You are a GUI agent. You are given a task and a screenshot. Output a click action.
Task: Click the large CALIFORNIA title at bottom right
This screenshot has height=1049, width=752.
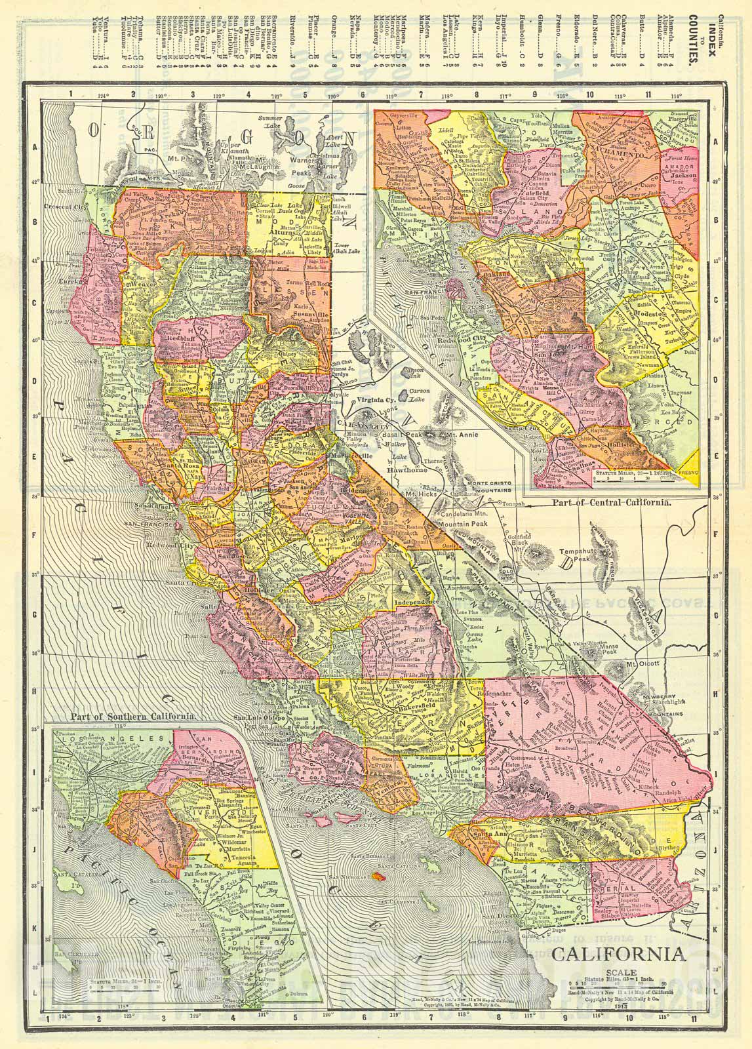click(x=619, y=951)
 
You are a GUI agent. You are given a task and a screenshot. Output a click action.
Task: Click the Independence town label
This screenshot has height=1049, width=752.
click(x=416, y=601)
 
